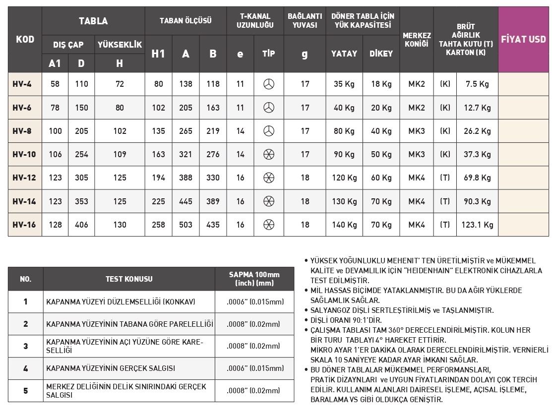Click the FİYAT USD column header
coord(523,39)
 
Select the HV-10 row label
coord(24,155)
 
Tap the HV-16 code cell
coord(24,225)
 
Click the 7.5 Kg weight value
coord(478,84)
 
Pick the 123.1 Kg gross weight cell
coord(478,225)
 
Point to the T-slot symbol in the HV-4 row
coord(268,84)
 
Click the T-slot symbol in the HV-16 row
coord(268,225)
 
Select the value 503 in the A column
coord(185,225)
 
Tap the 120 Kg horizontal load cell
coord(344,178)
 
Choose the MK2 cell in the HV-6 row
coord(416,108)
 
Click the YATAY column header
coord(344,54)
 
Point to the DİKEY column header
coord(381,54)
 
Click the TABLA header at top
coord(93,21)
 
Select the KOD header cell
coord(25,39)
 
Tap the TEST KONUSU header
coord(129,279)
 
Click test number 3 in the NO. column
coord(26,346)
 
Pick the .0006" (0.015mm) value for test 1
coord(254,301)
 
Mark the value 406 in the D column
coord(81,225)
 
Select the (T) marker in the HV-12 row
coord(445,178)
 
